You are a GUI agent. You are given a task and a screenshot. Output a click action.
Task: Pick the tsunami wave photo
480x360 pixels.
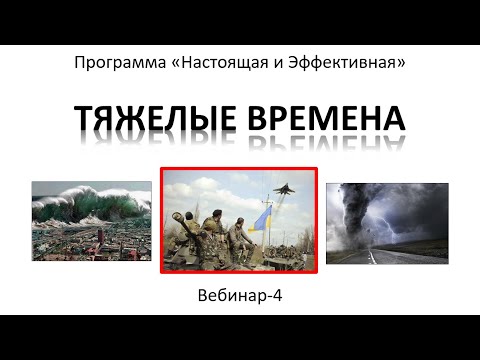click(91, 221)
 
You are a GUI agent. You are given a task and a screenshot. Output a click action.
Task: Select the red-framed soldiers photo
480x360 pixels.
click(239, 220)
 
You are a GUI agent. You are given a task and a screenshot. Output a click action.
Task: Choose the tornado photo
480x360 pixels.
click(387, 222)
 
